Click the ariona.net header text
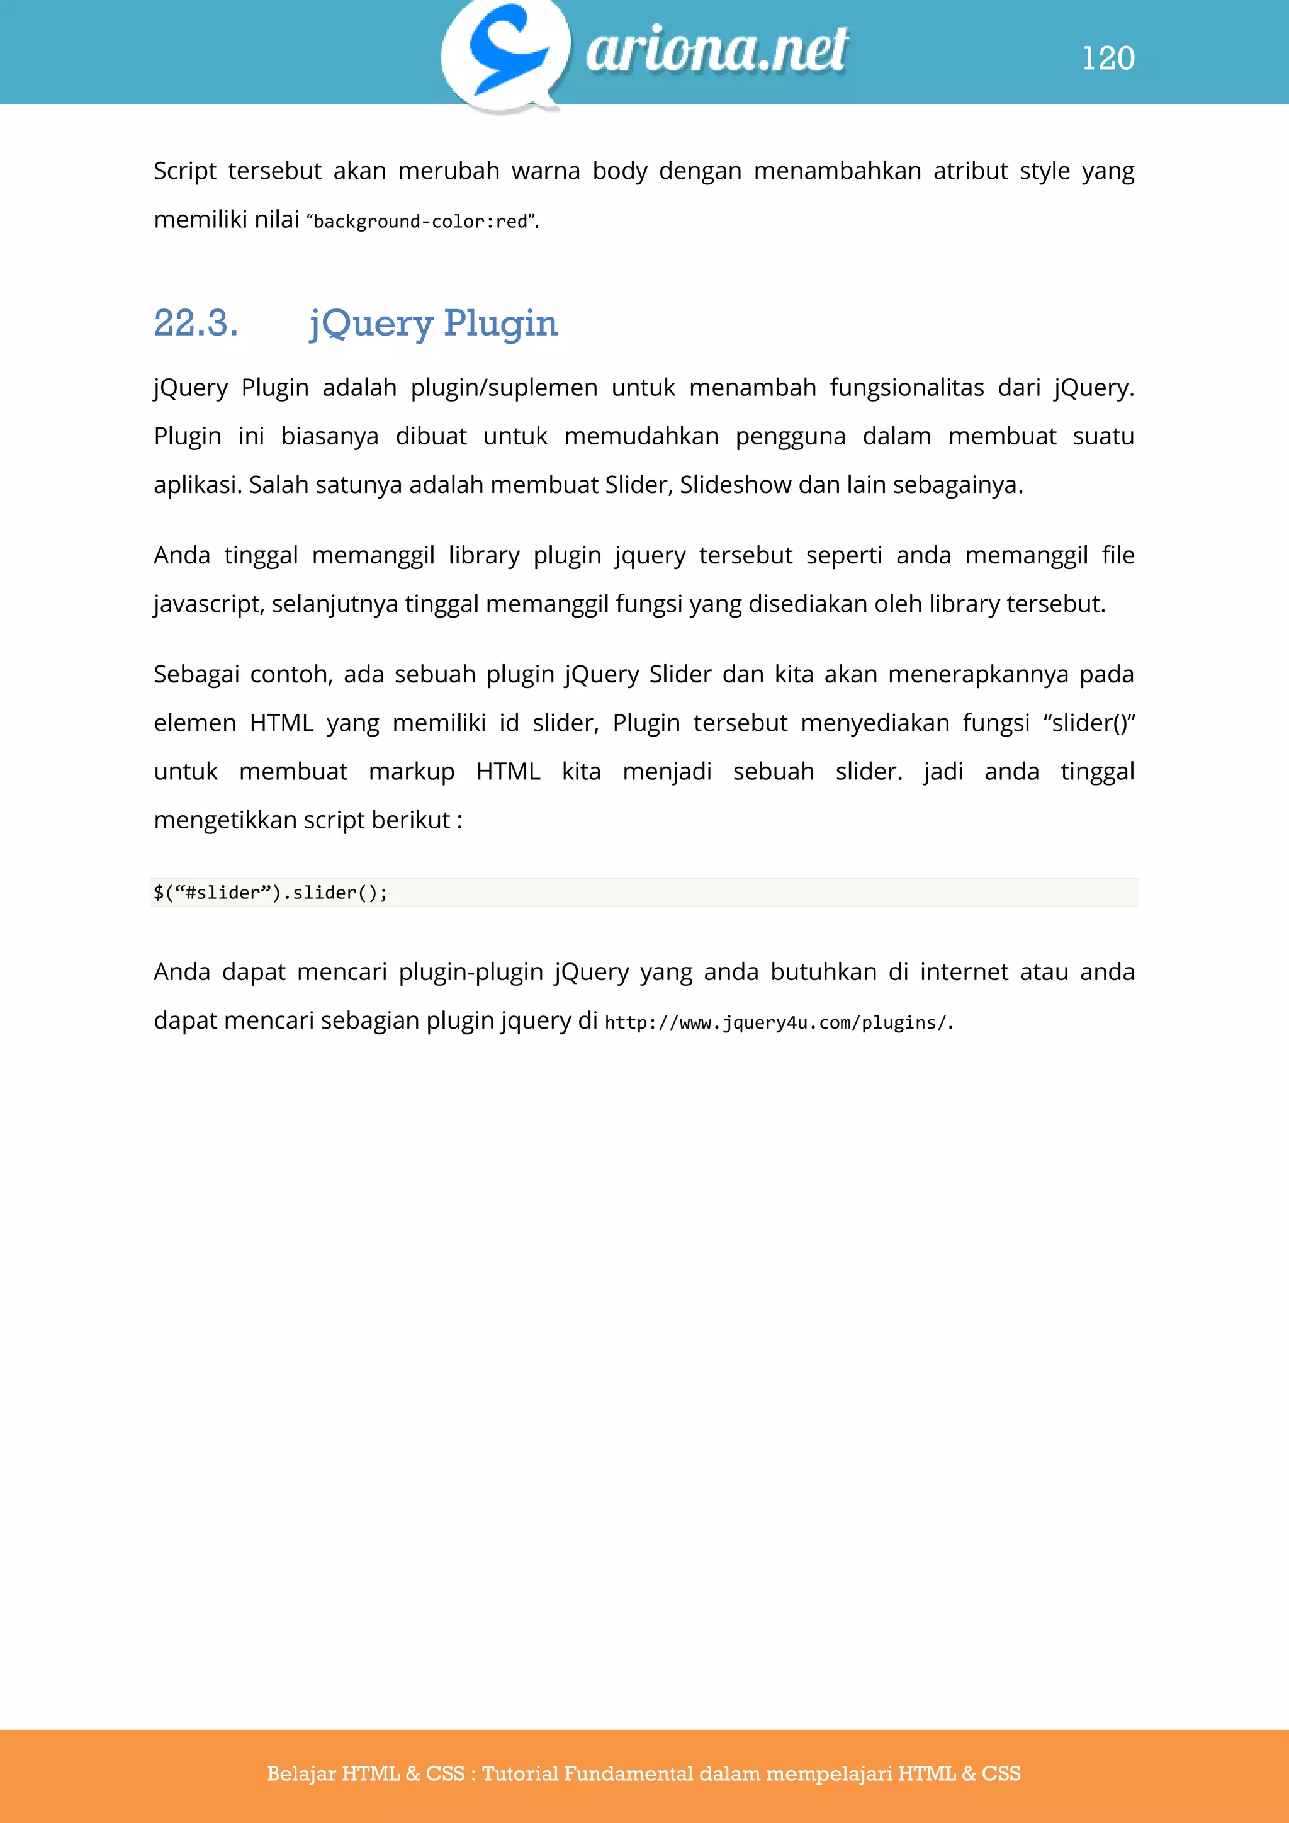click(717, 49)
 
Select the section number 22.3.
click(196, 323)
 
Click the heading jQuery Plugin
click(434, 323)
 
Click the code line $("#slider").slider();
click(271, 893)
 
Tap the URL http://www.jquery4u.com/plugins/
click(776, 1023)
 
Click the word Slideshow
click(735, 484)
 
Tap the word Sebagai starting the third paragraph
click(196, 674)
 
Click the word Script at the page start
click(184, 171)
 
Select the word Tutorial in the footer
click(520, 1773)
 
